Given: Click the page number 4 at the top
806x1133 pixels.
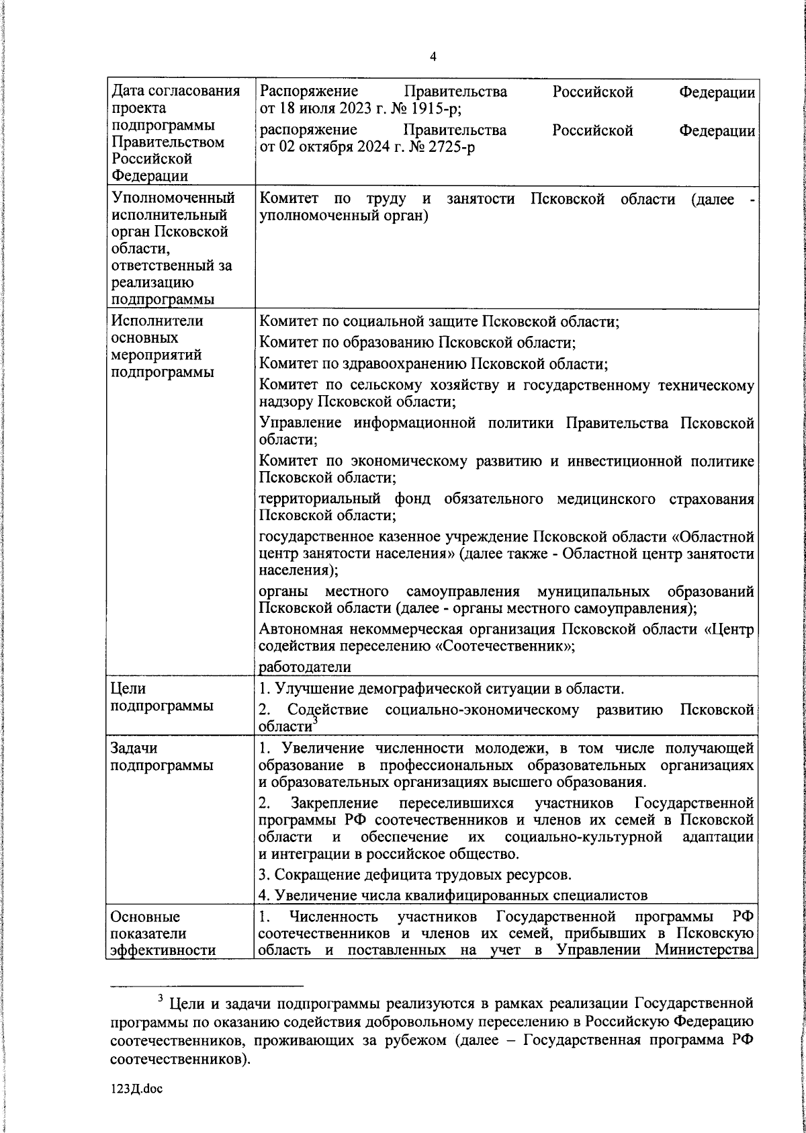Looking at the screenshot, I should (x=433, y=57).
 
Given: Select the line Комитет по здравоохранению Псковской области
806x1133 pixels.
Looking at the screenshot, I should (x=433, y=364).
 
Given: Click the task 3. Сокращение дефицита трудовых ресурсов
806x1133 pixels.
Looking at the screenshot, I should (x=416, y=875).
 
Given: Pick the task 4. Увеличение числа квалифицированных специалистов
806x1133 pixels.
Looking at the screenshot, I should (x=453, y=895).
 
